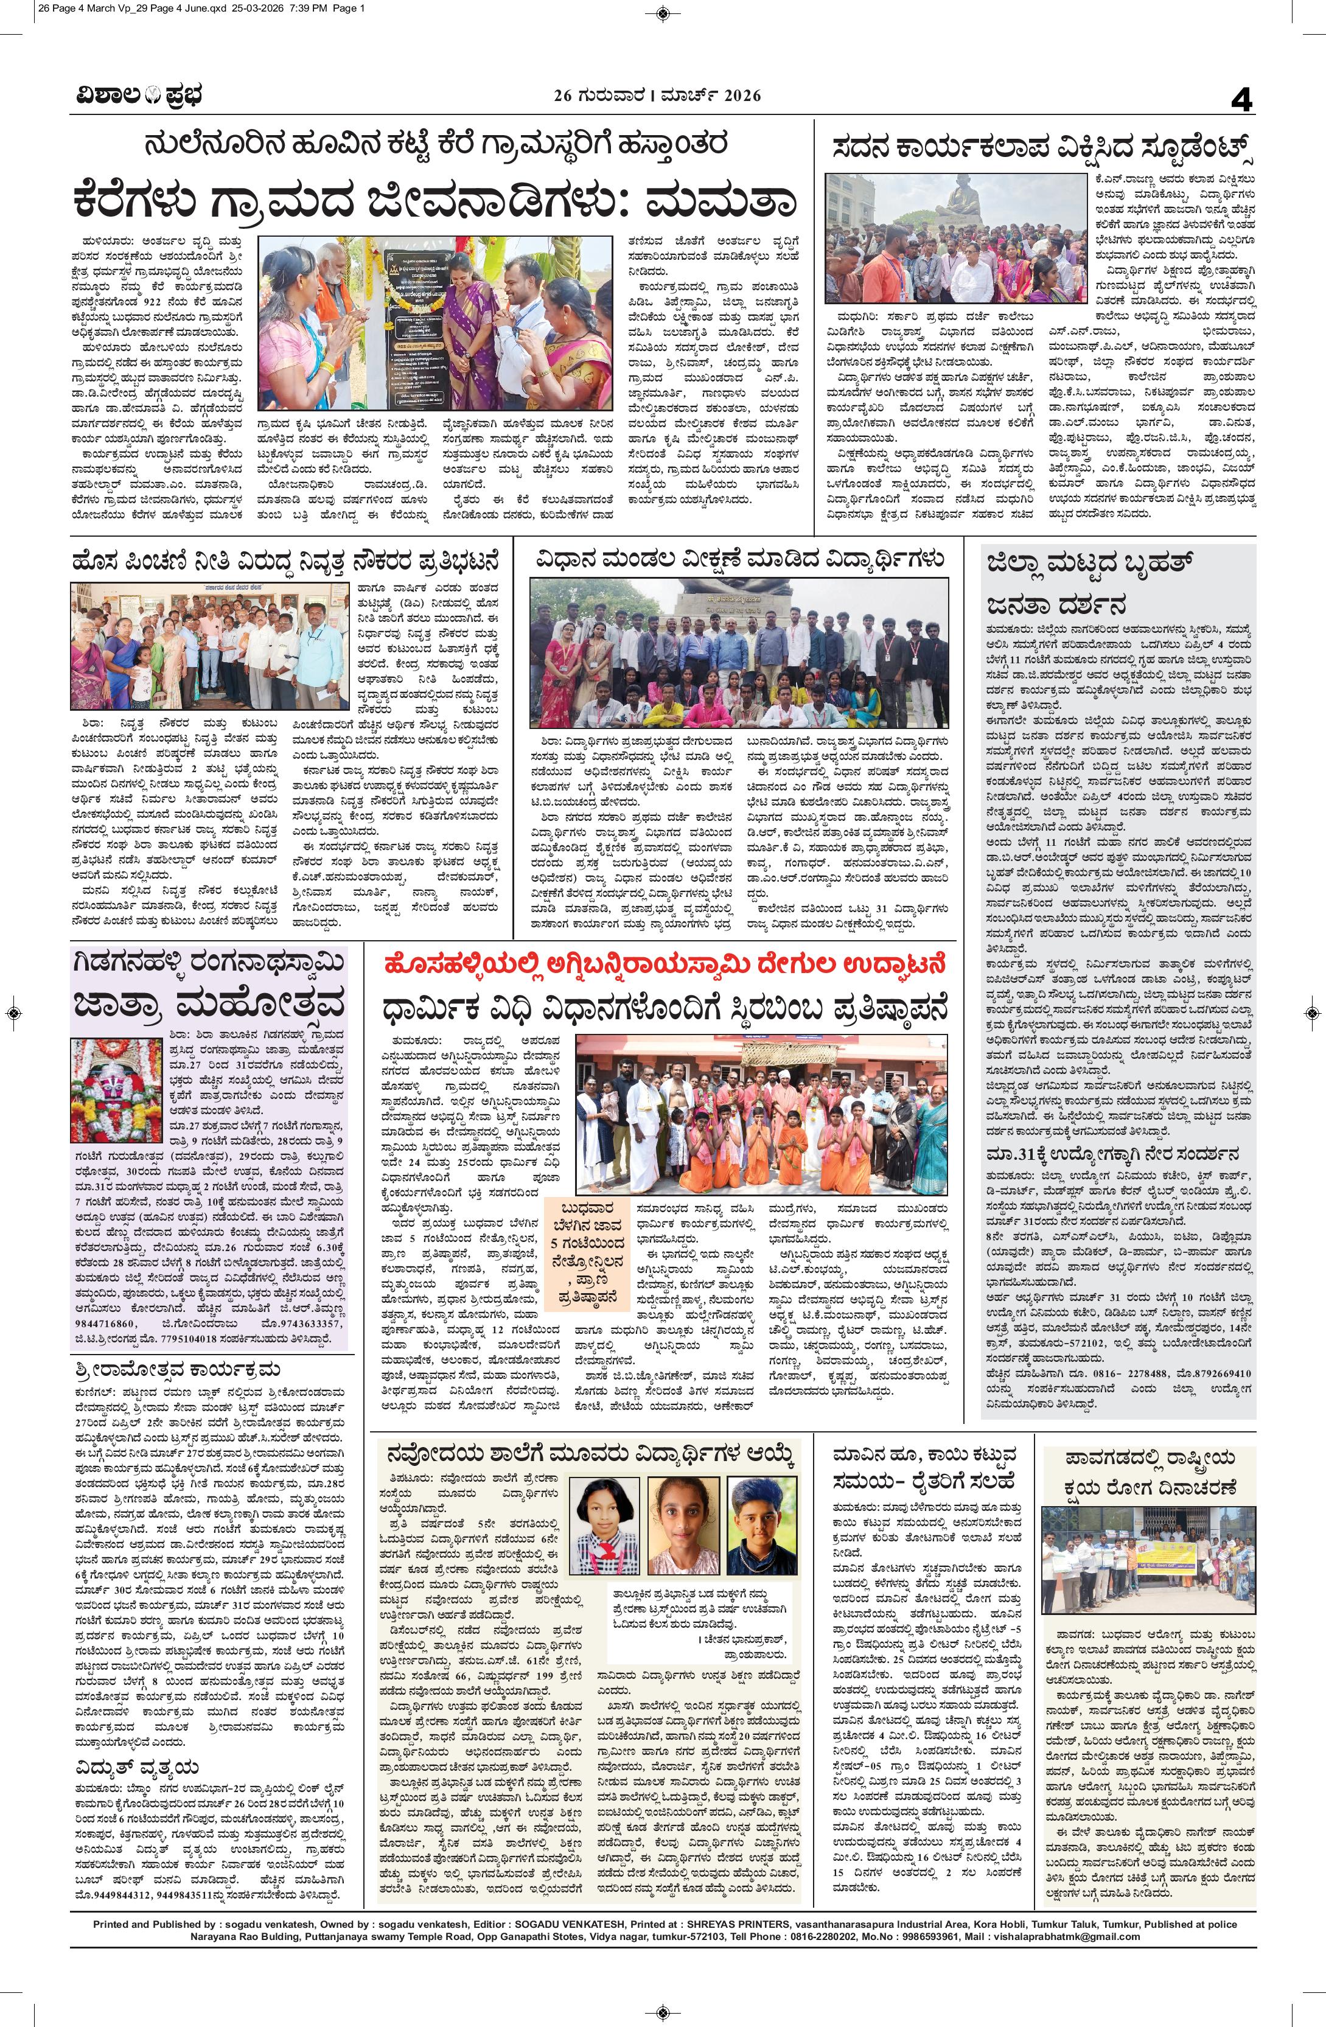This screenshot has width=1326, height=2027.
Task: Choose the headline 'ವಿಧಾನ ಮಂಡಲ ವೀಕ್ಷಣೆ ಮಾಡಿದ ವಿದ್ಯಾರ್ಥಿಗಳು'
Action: coord(739,560)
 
